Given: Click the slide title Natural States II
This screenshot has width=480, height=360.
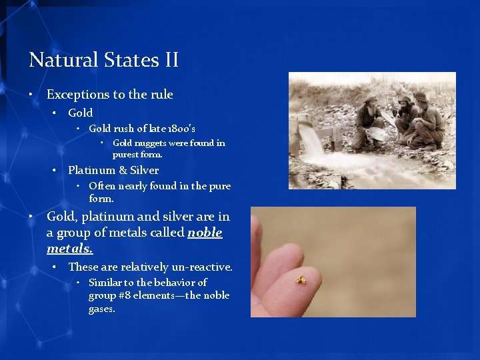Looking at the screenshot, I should pos(103,61).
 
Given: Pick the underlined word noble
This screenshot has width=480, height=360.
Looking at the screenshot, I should pos(205,233).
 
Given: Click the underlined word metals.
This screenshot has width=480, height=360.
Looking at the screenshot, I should pos(69,249).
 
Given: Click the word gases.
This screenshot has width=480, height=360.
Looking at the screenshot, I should pos(102,309).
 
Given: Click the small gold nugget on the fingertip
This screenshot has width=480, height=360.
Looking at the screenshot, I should pos(301,281).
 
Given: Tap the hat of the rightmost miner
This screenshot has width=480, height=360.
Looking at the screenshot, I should pos(421,97).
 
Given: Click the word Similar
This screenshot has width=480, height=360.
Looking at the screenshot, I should pos(107,283).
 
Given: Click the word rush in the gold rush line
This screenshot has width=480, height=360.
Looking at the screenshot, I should pos(126,128).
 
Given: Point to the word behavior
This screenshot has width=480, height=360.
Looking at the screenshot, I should pos(176,283).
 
